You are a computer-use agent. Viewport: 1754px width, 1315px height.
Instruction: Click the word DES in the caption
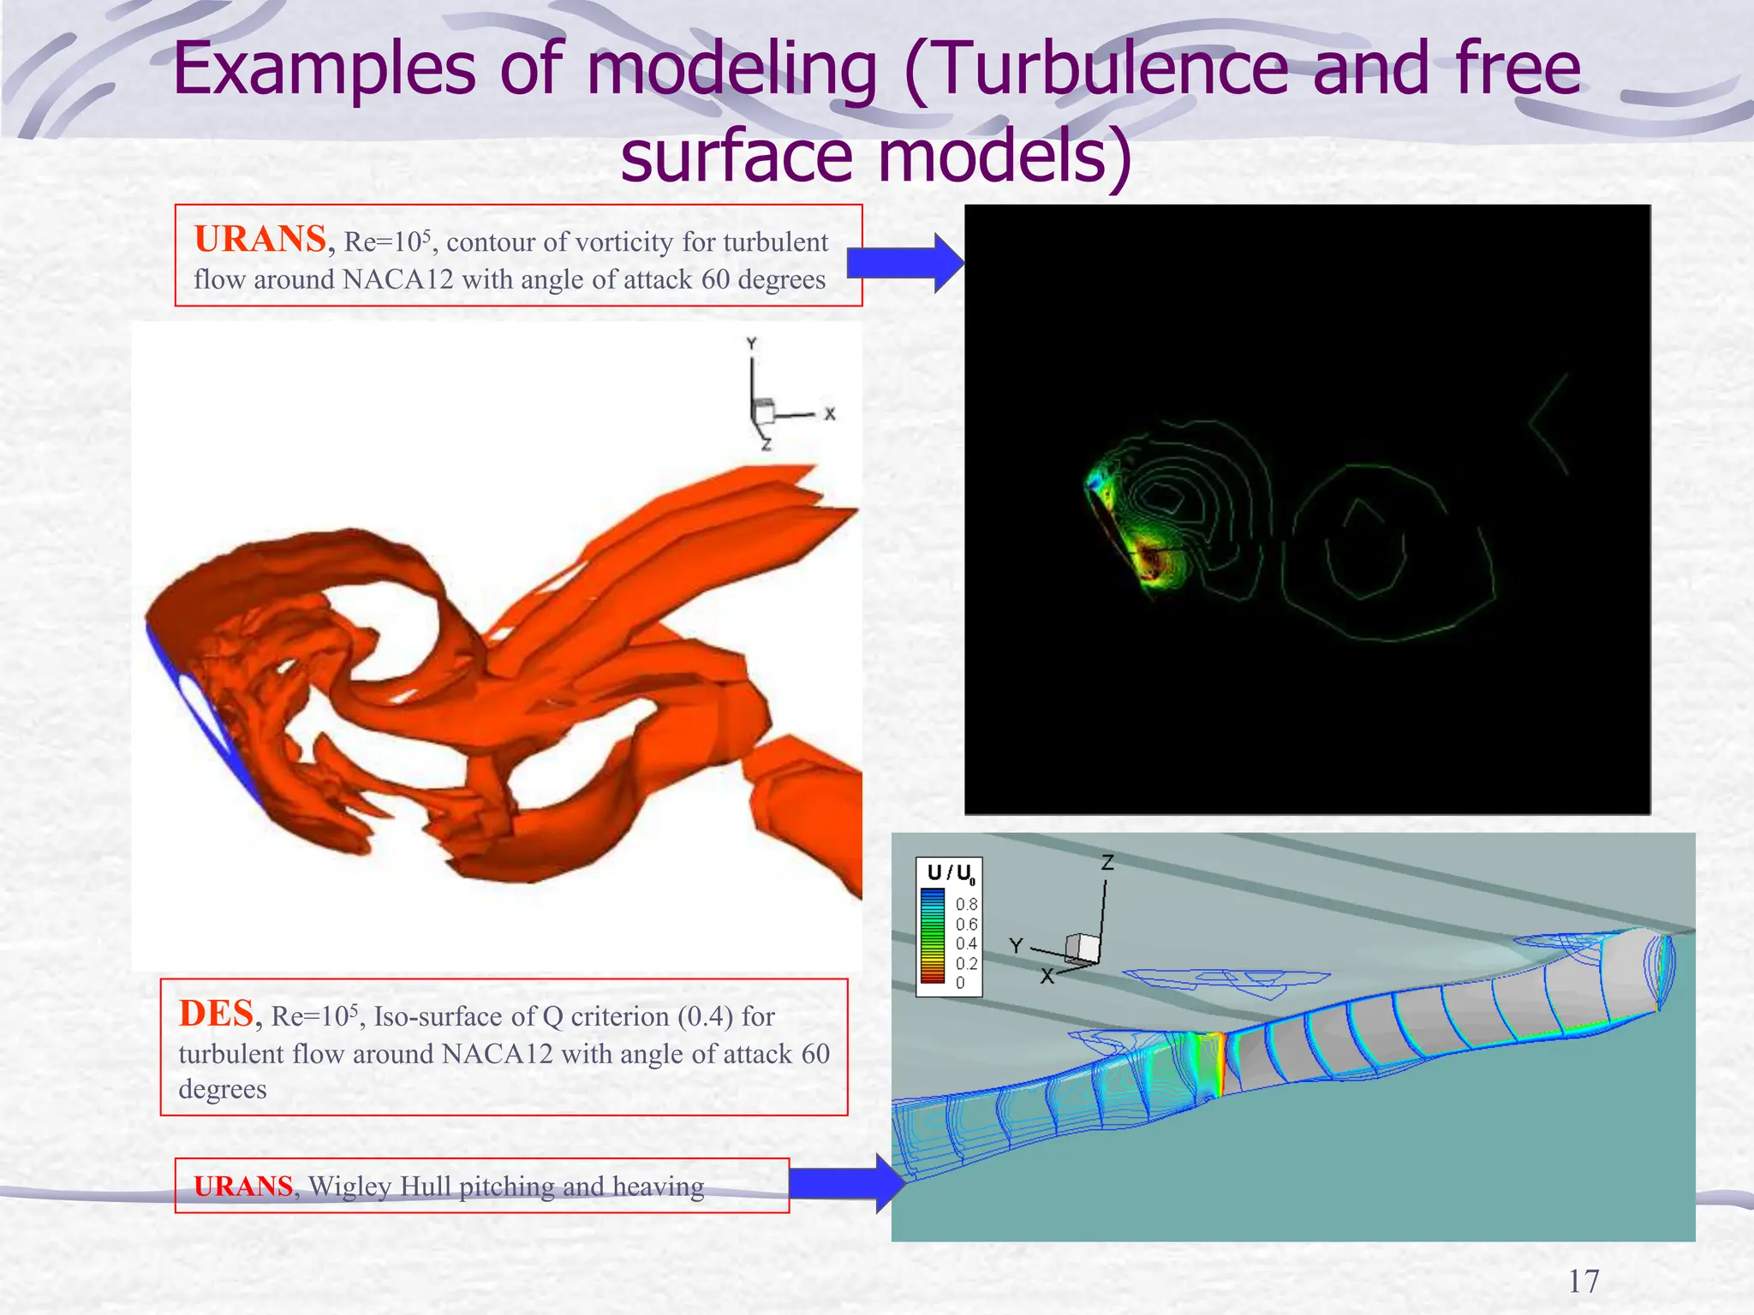(217, 1014)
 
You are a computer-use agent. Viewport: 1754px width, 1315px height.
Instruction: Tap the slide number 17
(1583, 1282)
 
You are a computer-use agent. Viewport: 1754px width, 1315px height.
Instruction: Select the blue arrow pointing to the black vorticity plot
(904, 264)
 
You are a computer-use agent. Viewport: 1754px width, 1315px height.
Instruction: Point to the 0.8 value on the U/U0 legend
(966, 904)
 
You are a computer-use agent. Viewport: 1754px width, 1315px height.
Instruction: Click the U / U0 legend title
(950, 873)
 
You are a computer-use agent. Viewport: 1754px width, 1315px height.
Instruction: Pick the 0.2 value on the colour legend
(966, 963)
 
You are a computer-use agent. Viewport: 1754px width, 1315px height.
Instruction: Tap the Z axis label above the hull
(1107, 863)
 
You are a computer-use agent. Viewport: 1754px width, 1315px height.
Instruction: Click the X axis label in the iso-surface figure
(829, 414)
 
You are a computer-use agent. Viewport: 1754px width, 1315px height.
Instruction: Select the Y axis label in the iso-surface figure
(751, 344)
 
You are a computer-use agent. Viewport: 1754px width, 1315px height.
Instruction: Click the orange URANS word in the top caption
(260, 240)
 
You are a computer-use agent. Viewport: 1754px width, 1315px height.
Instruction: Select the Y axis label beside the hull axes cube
(1016, 945)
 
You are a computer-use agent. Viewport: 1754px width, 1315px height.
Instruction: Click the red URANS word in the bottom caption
(243, 1187)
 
